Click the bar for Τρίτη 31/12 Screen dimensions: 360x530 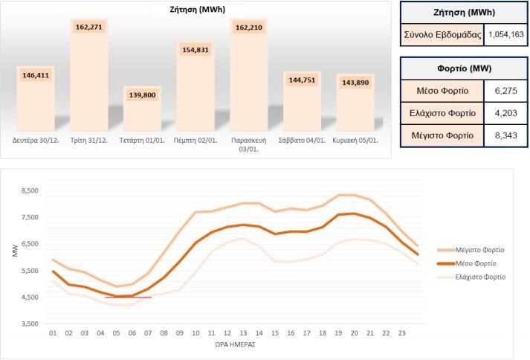pyautogui.click(x=89, y=82)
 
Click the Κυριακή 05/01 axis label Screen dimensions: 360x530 pyautogui.click(x=356, y=140)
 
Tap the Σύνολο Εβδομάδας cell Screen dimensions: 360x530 pyautogui.click(x=443, y=34)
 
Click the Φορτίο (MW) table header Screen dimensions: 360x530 pyautogui.click(x=464, y=68)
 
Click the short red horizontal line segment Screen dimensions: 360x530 pyautogui.click(x=128, y=298)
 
